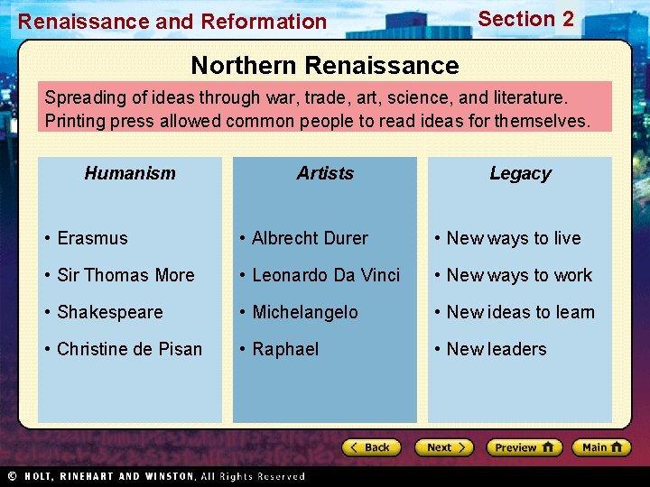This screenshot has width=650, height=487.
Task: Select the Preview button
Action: point(524,447)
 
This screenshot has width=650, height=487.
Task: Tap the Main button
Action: point(602,447)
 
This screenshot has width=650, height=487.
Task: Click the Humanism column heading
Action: point(130,173)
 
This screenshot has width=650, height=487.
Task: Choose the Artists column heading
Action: point(325,173)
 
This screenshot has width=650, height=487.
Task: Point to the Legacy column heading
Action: point(520,173)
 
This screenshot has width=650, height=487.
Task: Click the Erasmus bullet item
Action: point(92,238)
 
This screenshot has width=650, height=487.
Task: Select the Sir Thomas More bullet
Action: point(125,275)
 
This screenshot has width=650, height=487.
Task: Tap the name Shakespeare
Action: point(109,312)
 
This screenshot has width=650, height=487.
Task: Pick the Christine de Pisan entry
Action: point(129,349)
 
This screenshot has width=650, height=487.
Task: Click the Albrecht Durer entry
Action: point(310,238)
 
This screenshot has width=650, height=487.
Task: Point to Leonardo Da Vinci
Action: point(325,275)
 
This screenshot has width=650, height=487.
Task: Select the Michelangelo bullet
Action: point(304,312)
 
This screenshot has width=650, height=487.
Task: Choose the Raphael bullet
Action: point(285,349)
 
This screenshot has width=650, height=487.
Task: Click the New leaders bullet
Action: point(497,349)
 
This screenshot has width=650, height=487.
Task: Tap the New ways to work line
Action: point(519,275)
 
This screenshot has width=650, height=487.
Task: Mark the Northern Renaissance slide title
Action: point(325,65)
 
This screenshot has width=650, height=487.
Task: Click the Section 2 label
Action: point(525,19)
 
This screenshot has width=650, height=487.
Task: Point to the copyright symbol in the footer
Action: point(13,476)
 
